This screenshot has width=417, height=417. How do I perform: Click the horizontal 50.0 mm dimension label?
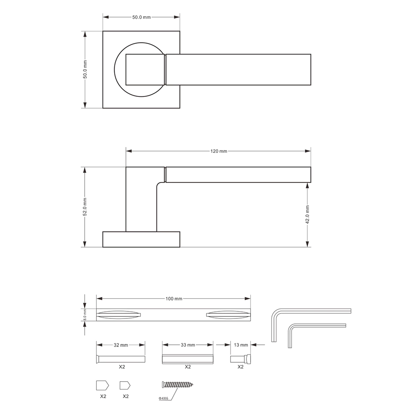141,17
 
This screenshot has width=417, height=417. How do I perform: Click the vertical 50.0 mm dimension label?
85,69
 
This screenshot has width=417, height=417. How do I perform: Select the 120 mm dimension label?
219,151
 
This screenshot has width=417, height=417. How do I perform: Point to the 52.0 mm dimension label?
85,207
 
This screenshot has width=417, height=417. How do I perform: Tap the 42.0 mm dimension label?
307,214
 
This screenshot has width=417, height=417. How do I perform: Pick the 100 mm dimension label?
174,299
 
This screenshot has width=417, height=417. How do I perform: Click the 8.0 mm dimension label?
85,315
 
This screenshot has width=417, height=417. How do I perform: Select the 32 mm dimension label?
121,345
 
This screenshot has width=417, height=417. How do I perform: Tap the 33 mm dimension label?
188,345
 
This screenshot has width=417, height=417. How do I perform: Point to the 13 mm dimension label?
241,345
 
